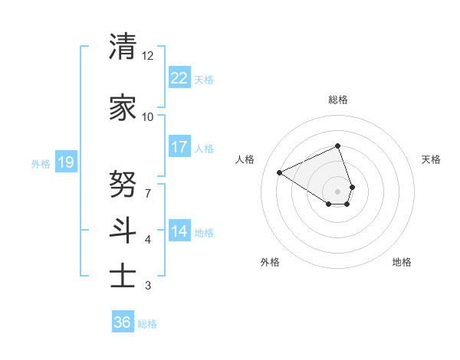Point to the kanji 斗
[x=123, y=230]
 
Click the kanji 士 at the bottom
[x=123, y=276]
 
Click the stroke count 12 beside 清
[x=148, y=56]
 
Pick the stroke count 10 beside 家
[x=148, y=117]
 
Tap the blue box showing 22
[x=179, y=78]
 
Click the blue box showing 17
[x=179, y=147]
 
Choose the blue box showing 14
[x=179, y=231]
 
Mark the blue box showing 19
[x=66, y=162]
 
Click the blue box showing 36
[x=122, y=322]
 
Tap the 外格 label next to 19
[x=41, y=163]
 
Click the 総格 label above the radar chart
[x=338, y=100]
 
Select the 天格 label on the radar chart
[x=432, y=159]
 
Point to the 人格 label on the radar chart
[x=245, y=159]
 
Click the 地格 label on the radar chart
[x=402, y=262]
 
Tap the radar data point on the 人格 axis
[x=280, y=173]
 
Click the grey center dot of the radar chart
[x=338, y=191]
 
